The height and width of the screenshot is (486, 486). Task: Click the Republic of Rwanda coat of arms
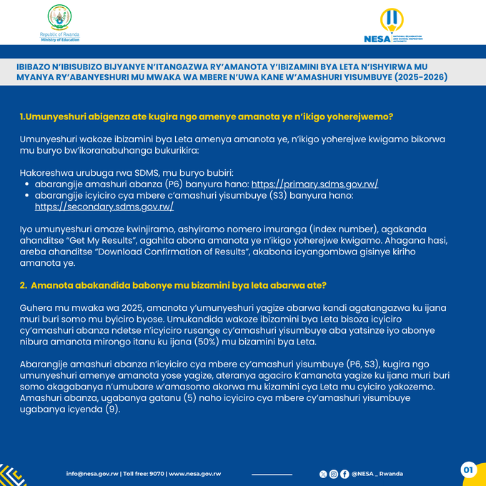[59, 18]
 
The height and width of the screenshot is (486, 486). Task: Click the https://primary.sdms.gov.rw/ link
[314, 184]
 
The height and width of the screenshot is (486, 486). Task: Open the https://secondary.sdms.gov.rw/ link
[104, 207]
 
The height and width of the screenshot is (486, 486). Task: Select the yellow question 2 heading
[173, 285]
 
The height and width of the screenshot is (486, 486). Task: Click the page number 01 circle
[468, 470]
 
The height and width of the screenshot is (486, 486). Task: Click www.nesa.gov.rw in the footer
[194, 474]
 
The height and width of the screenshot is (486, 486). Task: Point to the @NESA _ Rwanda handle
[377, 474]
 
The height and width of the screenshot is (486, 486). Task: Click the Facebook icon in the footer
[344, 474]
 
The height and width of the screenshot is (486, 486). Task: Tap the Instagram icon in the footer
[334, 474]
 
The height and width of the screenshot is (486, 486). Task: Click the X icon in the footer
[323, 474]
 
